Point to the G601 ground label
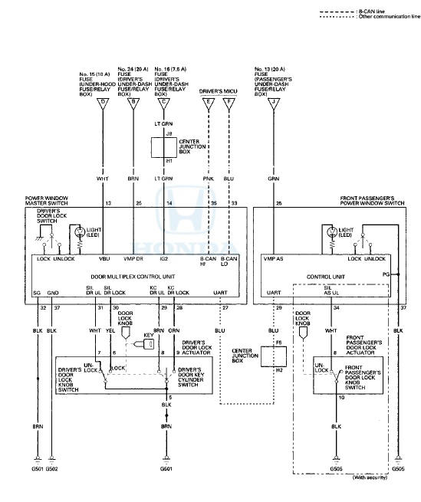tap(166, 468)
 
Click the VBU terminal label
tap(104, 258)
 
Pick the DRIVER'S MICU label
tap(217, 91)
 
